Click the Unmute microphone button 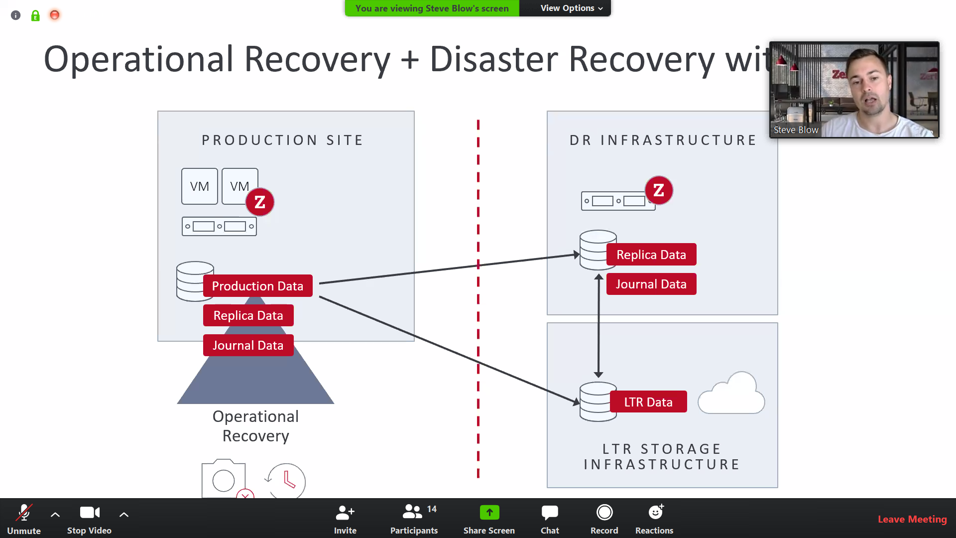[x=23, y=518]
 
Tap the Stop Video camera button [x=90, y=518]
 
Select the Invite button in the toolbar [x=345, y=518]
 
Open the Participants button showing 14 [x=414, y=518]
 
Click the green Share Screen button [x=489, y=518]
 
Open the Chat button [x=550, y=518]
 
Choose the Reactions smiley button [x=654, y=518]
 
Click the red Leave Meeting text [x=912, y=519]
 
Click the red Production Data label [x=257, y=286]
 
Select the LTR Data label [x=648, y=402]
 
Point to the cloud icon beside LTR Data [x=731, y=395]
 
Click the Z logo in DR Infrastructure [x=659, y=190]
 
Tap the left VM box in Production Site [x=200, y=186]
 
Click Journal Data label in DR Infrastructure [x=651, y=284]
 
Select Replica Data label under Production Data [x=248, y=315]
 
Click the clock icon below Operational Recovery [x=287, y=480]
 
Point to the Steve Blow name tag [x=796, y=130]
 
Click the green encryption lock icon [x=35, y=16]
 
